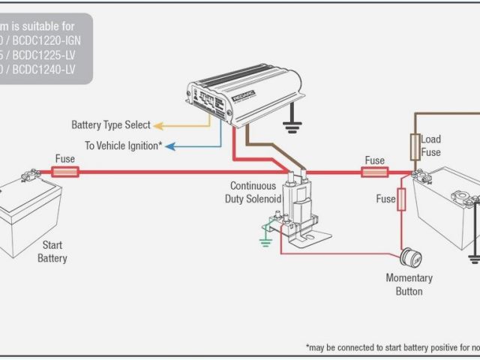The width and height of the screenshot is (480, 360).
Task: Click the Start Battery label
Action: click(52, 252)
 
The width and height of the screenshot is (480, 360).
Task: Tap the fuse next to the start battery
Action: click(64, 172)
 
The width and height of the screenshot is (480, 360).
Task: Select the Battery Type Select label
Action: click(111, 125)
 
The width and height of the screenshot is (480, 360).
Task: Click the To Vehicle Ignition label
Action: click(123, 145)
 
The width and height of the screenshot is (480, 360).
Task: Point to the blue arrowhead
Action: click(169, 145)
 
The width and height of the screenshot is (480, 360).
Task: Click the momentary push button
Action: click(409, 256)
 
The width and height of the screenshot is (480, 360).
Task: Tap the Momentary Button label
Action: click(409, 284)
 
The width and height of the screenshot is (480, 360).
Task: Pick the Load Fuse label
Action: click(431, 145)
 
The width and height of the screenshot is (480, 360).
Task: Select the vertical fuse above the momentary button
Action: click(401, 199)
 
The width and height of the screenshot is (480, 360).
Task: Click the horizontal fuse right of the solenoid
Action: click(374, 172)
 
